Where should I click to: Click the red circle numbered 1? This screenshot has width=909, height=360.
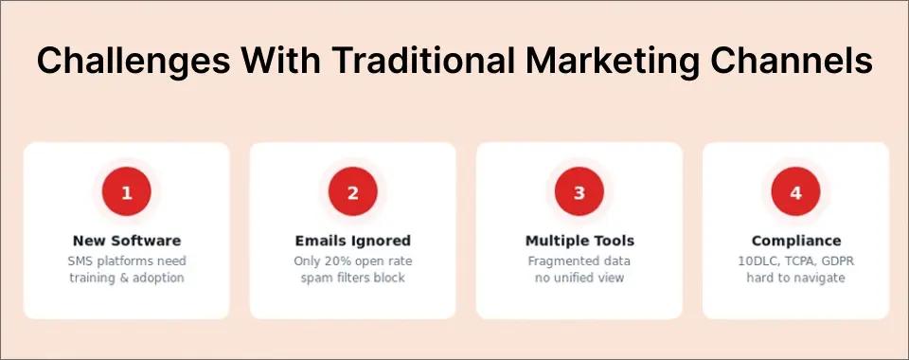point(127,193)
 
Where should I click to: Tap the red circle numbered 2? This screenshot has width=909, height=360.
point(353,193)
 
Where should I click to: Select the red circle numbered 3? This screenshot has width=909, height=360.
point(579,193)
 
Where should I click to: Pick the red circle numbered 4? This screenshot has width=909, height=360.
point(795,193)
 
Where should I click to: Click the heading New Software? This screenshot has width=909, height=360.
point(127,241)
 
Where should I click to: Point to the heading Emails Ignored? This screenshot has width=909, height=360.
point(353,241)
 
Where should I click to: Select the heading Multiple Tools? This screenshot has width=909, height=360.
point(579,241)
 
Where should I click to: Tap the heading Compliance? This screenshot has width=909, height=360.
point(795,241)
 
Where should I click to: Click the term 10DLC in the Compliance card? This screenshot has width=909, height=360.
point(757,261)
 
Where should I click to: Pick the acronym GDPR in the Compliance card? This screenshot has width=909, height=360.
point(834,261)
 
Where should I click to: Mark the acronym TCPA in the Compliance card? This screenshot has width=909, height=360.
point(795,261)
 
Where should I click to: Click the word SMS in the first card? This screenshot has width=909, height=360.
point(80,261)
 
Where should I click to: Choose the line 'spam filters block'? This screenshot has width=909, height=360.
point(353,278)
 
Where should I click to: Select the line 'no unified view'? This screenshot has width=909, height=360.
point(579,278)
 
